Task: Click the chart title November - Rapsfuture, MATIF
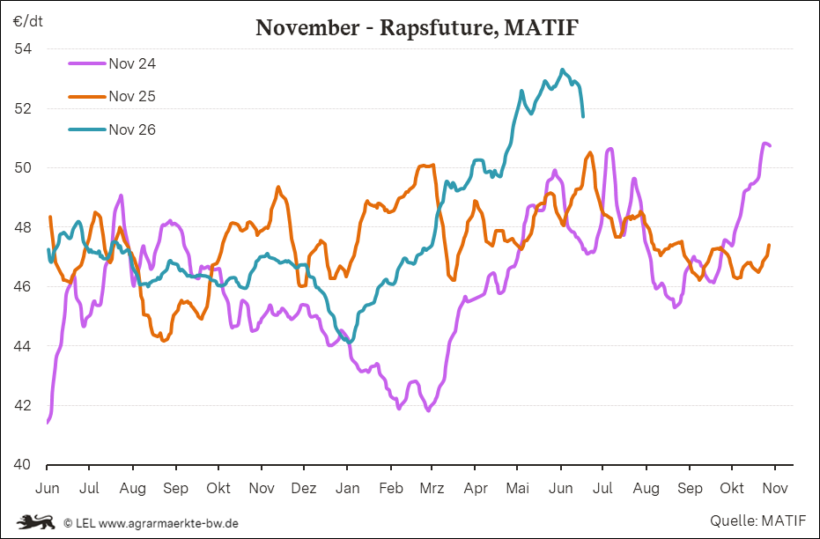417,27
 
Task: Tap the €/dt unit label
28,21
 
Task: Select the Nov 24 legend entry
113,63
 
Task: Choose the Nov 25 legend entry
113,96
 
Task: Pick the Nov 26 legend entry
113,129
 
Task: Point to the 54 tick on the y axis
23,49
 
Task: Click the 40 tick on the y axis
23,464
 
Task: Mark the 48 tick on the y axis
23,227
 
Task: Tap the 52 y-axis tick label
23,108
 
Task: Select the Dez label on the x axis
304,488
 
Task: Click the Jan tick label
347,488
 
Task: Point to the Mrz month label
432,488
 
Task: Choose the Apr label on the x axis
476,489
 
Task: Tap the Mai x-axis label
518,488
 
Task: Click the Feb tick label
391,488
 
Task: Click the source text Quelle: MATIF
758,521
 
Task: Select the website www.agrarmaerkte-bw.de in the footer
168,523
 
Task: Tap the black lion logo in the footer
35,521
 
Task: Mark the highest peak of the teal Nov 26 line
562,70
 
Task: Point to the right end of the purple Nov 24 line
770,145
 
